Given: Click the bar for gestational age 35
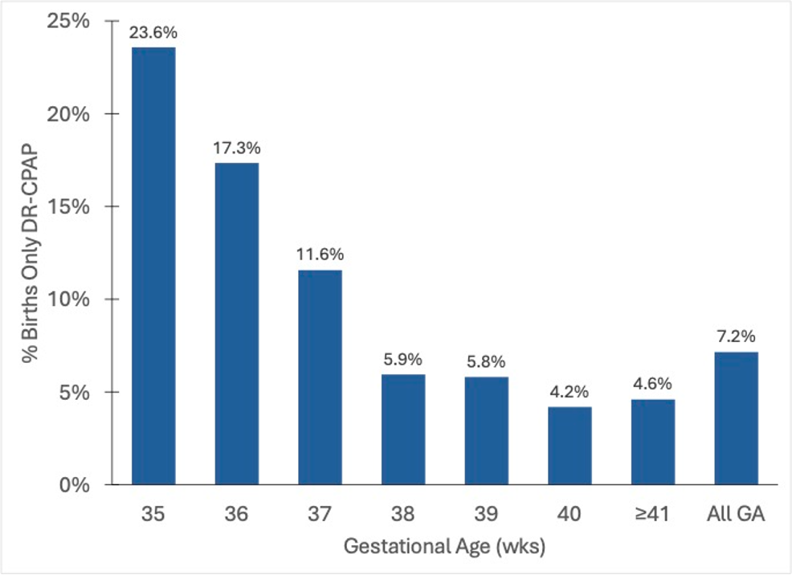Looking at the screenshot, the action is tap(153, 266).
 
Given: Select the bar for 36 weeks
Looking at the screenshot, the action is tap(237, 324).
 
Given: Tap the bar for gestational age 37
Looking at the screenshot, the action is tap(320, 377).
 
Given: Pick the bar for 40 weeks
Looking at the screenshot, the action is tap(570, 446).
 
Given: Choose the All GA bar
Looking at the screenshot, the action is tap(737, 418).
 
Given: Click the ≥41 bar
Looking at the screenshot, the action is tap(653, 442).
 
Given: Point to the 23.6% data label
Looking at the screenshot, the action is tap(153, 33).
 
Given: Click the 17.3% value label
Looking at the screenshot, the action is tap(236, 149).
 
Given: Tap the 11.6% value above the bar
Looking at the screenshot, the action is tap(320, 254).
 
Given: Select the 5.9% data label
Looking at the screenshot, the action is tap(402, 360).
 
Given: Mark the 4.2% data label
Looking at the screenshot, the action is tap(570, 392).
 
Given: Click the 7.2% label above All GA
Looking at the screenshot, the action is tap(736, 336).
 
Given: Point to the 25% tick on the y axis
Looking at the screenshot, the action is tap(68, 21).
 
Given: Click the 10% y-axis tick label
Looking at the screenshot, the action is tap(68, 300).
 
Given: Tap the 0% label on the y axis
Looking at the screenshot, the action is tap(74, 485).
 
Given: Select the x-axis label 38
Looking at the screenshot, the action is tap(403, 514).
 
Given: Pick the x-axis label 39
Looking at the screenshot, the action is tap(487, 514).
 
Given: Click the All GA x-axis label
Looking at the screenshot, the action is tap(736, 514).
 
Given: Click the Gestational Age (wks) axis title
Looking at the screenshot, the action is tap(444, 547).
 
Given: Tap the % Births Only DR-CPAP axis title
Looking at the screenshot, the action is tap(31, 252).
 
